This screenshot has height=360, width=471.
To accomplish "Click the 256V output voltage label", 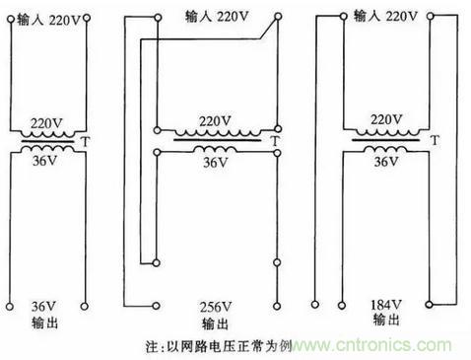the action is point(216,308).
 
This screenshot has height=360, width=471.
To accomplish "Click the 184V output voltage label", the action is point(386,305).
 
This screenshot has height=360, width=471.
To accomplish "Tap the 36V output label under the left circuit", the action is point(43,307).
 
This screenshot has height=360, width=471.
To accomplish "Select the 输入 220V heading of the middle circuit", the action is point(217,17).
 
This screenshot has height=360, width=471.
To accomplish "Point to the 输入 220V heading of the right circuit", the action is point(385,16).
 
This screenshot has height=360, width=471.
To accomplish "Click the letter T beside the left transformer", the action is point(86,142).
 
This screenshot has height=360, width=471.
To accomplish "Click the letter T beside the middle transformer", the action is point(275,141).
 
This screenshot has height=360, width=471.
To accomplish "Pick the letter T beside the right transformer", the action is point(435,140).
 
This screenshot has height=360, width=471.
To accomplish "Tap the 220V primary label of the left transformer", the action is point(46,123).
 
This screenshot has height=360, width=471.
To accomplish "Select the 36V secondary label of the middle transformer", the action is point(216,163).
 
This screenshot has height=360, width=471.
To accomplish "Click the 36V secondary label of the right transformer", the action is point(386,162).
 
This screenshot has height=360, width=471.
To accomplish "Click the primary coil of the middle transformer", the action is point(217,133).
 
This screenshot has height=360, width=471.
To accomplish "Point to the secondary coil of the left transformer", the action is point(48,149).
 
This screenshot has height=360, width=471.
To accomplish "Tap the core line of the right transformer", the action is point(386,140).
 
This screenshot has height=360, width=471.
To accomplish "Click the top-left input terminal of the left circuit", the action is point(11,19).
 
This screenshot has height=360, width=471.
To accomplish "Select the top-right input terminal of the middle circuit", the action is point(278,16).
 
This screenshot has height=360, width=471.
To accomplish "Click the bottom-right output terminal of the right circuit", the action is point(429,305).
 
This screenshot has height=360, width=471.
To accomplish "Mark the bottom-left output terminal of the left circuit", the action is point(10,307).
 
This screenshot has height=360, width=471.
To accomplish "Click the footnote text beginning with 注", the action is point(219,346).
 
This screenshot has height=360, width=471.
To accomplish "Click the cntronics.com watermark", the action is point(371,345).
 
